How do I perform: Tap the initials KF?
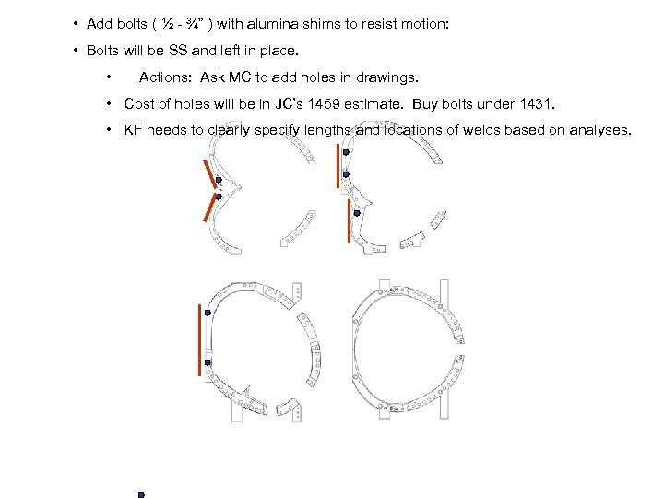tap(135, 130)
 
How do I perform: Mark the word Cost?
tap(139, 103)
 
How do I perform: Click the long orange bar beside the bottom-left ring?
tap(199, 339)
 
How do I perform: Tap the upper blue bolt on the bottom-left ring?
tap(208, 314)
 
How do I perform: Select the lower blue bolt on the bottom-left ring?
tap(207, 362)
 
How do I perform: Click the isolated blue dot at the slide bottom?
tap(141, 494)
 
